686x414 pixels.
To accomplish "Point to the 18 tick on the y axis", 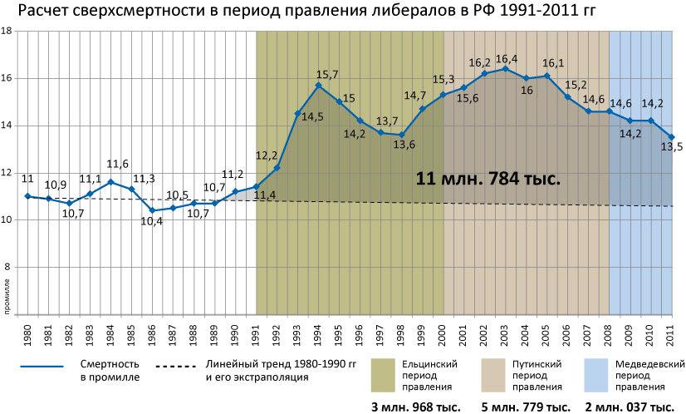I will point(7,31).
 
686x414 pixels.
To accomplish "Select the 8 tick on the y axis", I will point(8,267).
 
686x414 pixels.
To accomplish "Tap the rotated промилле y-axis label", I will point(6,299).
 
